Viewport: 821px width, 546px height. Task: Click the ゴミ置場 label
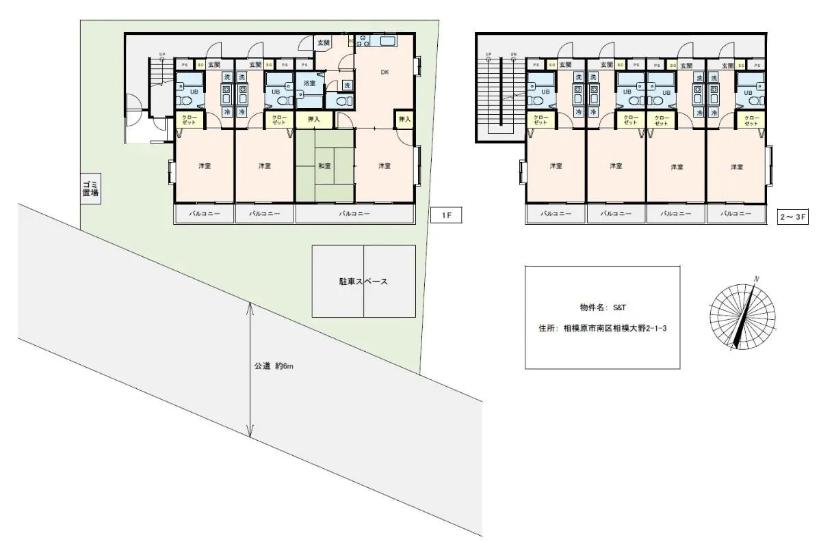point(90,188)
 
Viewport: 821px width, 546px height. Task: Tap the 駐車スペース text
point(363,282)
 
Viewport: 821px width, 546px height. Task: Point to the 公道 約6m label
point(274,366)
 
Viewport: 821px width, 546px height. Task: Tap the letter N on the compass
point(757,279)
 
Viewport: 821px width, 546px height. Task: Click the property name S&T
point(619,308)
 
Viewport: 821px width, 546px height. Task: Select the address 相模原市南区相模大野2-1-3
point(615,328)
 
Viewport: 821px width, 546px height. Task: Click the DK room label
point(385,72)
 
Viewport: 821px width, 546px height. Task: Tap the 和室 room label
point(325,166)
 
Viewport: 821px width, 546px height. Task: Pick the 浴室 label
point(309,83)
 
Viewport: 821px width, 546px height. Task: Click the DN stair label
point(513,54)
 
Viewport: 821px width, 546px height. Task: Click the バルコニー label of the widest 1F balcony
point(355,214)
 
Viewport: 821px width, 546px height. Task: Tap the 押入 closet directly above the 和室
point(314,120)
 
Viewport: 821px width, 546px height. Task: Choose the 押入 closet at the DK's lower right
point(404,120)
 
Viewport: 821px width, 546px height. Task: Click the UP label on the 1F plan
point(162,54)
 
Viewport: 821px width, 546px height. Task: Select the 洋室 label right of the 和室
point(385,166)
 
